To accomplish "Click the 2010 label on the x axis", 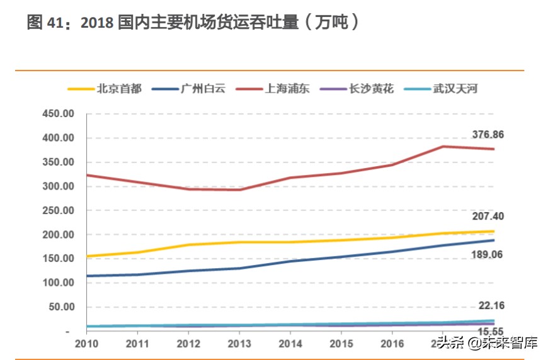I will tap(86, 344).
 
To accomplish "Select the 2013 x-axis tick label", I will tap(239, 344).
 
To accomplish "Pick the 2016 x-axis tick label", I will tap(391, 344).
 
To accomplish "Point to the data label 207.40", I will tap(488, 217).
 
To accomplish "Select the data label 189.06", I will tap(488, 254).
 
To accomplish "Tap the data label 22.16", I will tap(491, 306).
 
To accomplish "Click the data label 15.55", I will tap(491, 332).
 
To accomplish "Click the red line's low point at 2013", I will tap(239, 189).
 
